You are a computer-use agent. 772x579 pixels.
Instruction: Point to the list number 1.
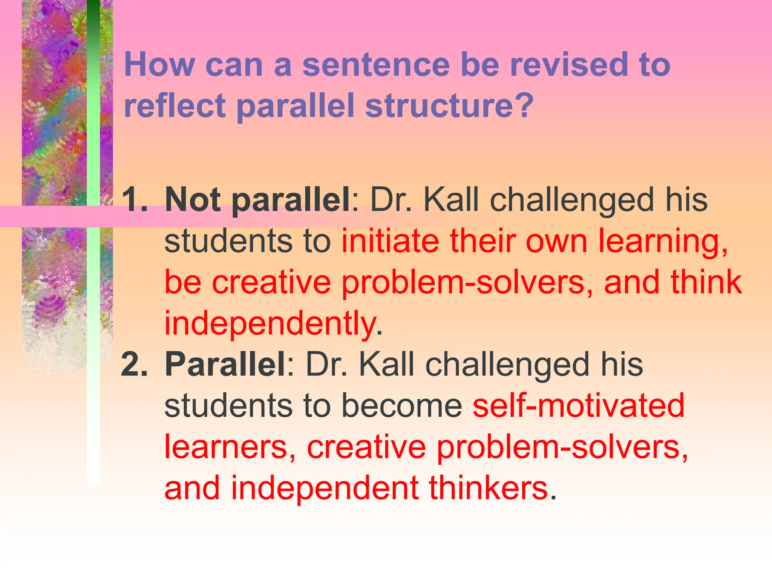[x=134, y=200]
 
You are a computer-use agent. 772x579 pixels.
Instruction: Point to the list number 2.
[x=134, y=365]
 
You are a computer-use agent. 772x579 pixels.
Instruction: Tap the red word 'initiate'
[x=391, y=241]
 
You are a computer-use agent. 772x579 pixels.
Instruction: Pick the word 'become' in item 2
[x=402, y=406]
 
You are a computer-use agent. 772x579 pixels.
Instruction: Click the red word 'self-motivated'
[x=579, y=406]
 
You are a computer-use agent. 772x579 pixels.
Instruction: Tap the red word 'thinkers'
[x=488, y=488]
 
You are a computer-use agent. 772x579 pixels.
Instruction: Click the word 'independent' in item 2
[x=325, y=488]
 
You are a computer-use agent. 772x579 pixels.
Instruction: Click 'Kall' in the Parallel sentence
[x=386, y=365]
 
